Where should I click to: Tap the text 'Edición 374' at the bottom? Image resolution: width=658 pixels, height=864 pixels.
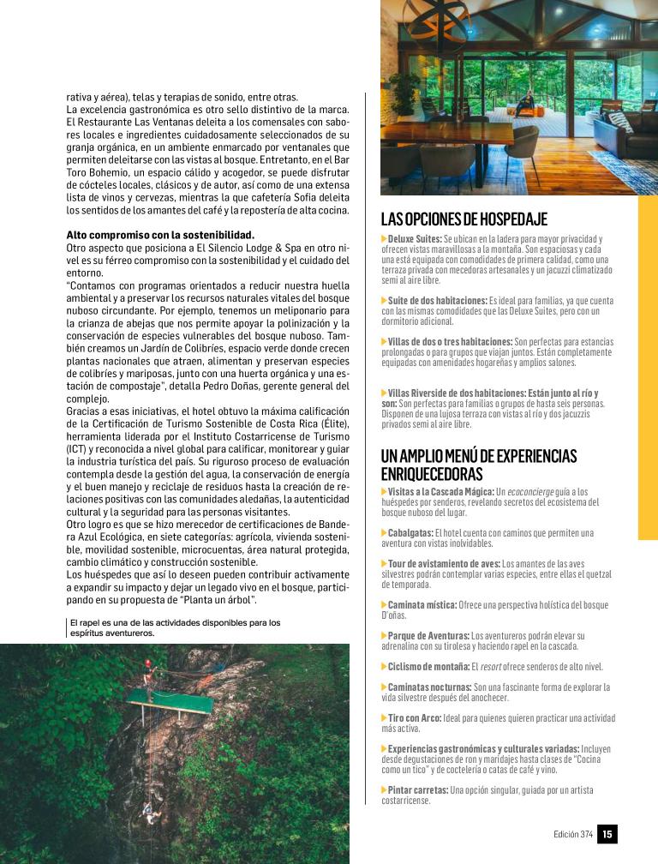(x=573, y=834)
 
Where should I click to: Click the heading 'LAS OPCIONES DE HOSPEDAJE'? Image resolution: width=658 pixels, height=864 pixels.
(x=464, y=219)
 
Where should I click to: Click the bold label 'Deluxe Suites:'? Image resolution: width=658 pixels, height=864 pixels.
(x=414, y=238)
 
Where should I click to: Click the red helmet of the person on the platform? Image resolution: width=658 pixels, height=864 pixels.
(x=148, y=663)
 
